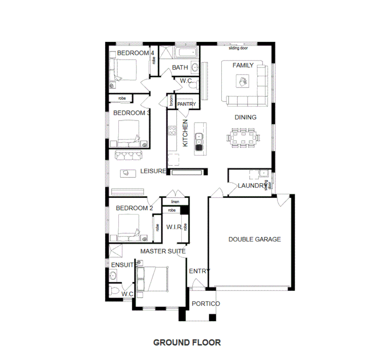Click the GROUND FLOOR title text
coord(187,342)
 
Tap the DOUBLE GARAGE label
coord(254,239)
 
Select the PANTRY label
coord(187,104)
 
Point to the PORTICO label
coord(206,304)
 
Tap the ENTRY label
coord(199,271)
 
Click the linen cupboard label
coord(175,202)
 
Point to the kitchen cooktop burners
coord(172,131)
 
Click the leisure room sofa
coord(128,155)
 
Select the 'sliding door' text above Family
coord(238,48)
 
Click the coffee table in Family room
coord(242,81)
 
